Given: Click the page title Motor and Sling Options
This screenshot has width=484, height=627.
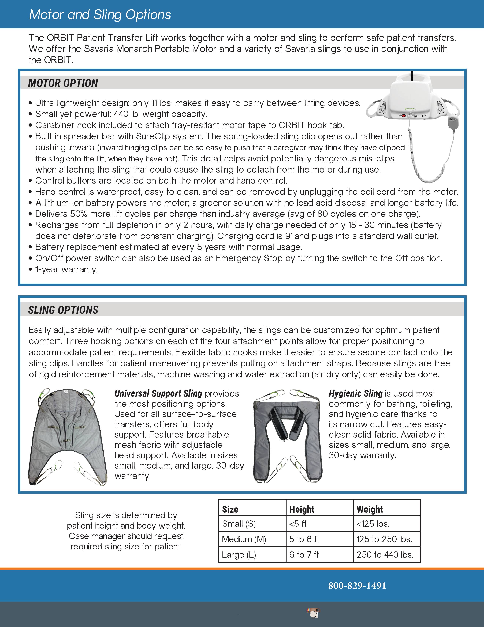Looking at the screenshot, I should click(x=100, y=15).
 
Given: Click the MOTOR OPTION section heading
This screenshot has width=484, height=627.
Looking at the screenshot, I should click(x=63, y=83).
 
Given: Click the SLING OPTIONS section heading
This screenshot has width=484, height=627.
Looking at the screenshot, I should click(x=63, y=310).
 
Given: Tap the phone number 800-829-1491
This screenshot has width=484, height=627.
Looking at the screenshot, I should click(x=357, y=585).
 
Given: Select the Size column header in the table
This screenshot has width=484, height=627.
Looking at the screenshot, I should click(x=230, y=509).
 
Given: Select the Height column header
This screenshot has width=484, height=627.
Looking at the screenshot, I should click(x=302, y=509).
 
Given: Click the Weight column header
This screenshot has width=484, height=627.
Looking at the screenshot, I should click(x=370, y=509).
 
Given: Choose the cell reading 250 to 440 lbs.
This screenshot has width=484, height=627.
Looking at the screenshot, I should click(x=385, y=555).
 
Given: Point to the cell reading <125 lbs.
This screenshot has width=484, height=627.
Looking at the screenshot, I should click(x=373, y=524).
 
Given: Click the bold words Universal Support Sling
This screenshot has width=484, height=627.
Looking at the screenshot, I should click(x=158, y=393).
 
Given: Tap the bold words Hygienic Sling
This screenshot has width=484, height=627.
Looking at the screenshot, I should click(x=356, y=393).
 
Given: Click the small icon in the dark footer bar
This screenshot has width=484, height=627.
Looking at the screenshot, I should click(x=313, y=613).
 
